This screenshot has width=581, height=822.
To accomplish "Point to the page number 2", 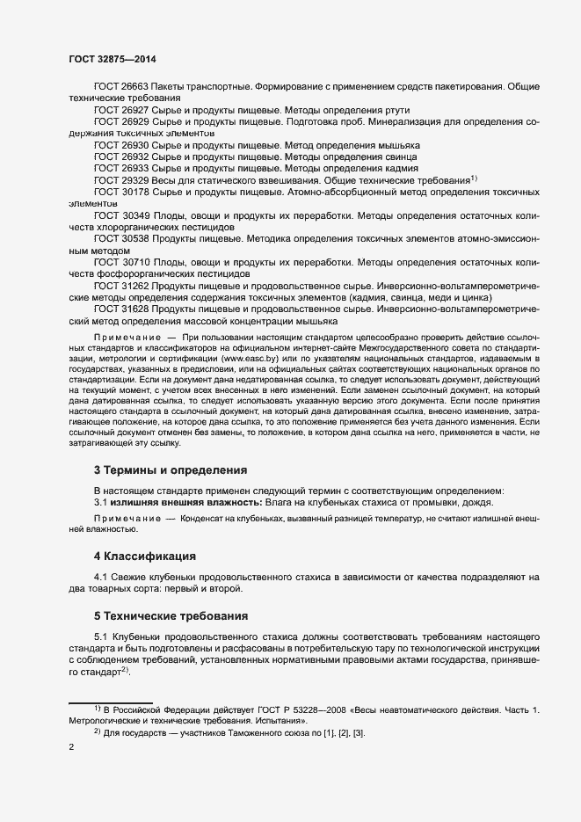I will tap(70, 748).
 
